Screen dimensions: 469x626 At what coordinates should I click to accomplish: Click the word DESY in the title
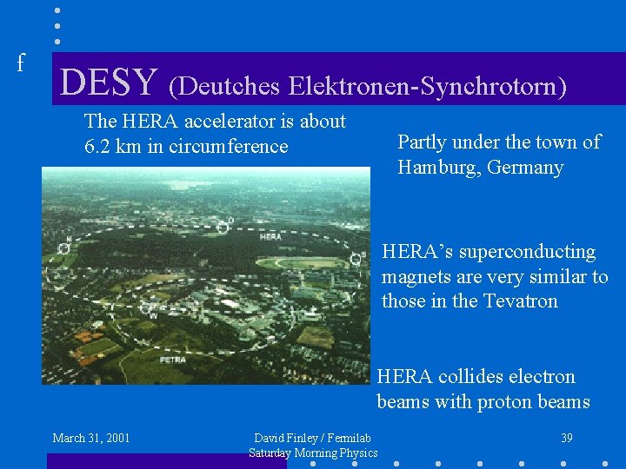point(109,82)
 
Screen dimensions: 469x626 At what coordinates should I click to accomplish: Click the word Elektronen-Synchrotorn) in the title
point(427,86)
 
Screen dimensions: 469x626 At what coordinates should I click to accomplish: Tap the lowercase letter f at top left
point(21,63)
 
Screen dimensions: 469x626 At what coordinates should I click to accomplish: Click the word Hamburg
point(437,167)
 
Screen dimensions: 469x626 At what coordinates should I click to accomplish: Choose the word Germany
point(524,167)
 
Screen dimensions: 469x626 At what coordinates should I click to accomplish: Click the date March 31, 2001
point(91,438)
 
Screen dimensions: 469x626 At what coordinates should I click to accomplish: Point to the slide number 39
point(566,438)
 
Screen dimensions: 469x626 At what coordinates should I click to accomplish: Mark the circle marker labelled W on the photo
point(147,307)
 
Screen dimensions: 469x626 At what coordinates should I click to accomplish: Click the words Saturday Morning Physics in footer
point(313,452)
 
